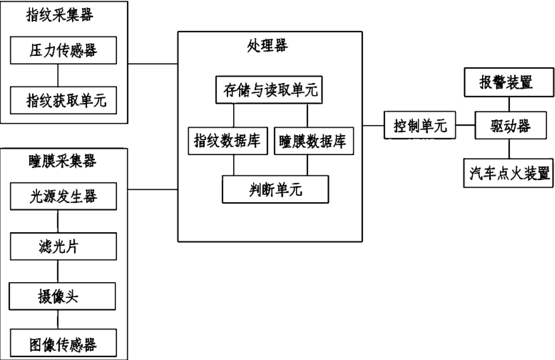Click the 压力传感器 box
click(x=64, y=52)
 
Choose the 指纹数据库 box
click(x=227, y=141)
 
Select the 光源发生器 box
click(x=64, y=196)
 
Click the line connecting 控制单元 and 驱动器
click(x=465, y=127)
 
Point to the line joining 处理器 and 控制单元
click(x=373, y=127)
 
